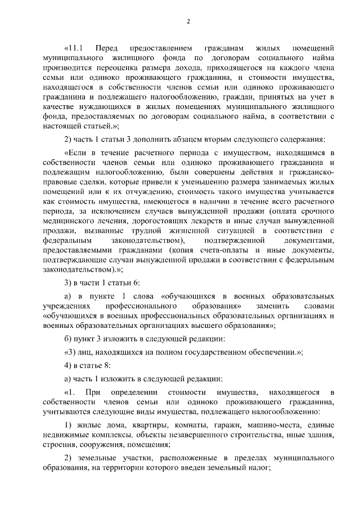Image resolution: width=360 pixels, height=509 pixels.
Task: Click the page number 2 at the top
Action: pos(188,22)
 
